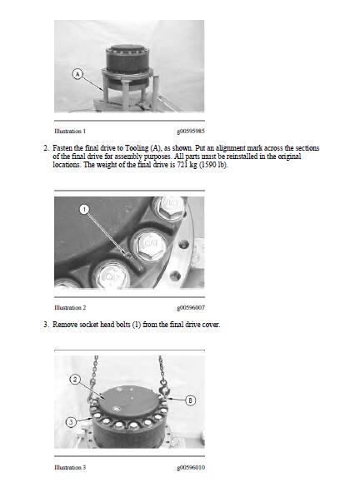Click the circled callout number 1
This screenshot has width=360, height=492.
[x=83, y=209]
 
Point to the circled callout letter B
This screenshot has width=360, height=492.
[x=190, y=400]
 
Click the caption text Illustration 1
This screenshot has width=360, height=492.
[x=69, y=131]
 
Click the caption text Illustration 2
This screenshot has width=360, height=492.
[x=69, y=307]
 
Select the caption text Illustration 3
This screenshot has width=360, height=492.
[x=69, y=467]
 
